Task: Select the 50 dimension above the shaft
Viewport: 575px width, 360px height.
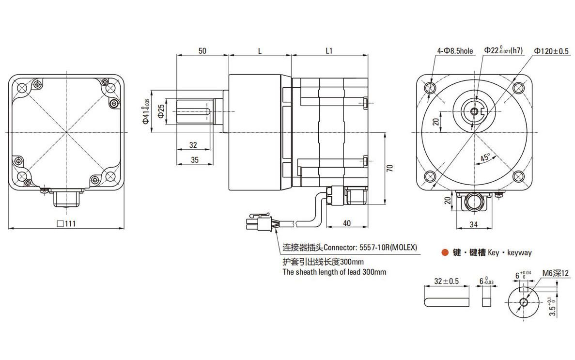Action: [202, 50]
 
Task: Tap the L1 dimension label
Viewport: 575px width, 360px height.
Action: [329, 50]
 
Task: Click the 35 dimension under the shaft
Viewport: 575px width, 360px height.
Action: [194, 159]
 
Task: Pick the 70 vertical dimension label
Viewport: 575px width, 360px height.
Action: [390, 168]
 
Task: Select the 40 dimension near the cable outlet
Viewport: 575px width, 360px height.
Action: [346, 223]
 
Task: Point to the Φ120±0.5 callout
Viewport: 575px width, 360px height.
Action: [551, 50]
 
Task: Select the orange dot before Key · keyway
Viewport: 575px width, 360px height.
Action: [444, 252]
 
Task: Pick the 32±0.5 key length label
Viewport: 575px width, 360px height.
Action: [447, 281]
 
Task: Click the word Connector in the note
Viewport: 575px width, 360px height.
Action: [341, 247]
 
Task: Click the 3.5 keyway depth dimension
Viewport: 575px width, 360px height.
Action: [553, 307]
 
